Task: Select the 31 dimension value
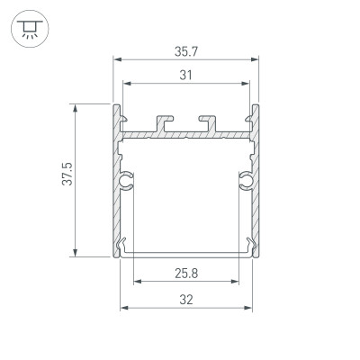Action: click(185, 76)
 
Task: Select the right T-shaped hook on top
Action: click(208, 121)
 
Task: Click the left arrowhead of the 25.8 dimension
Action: click(138, 280)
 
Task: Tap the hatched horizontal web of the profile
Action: click(185, 135)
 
